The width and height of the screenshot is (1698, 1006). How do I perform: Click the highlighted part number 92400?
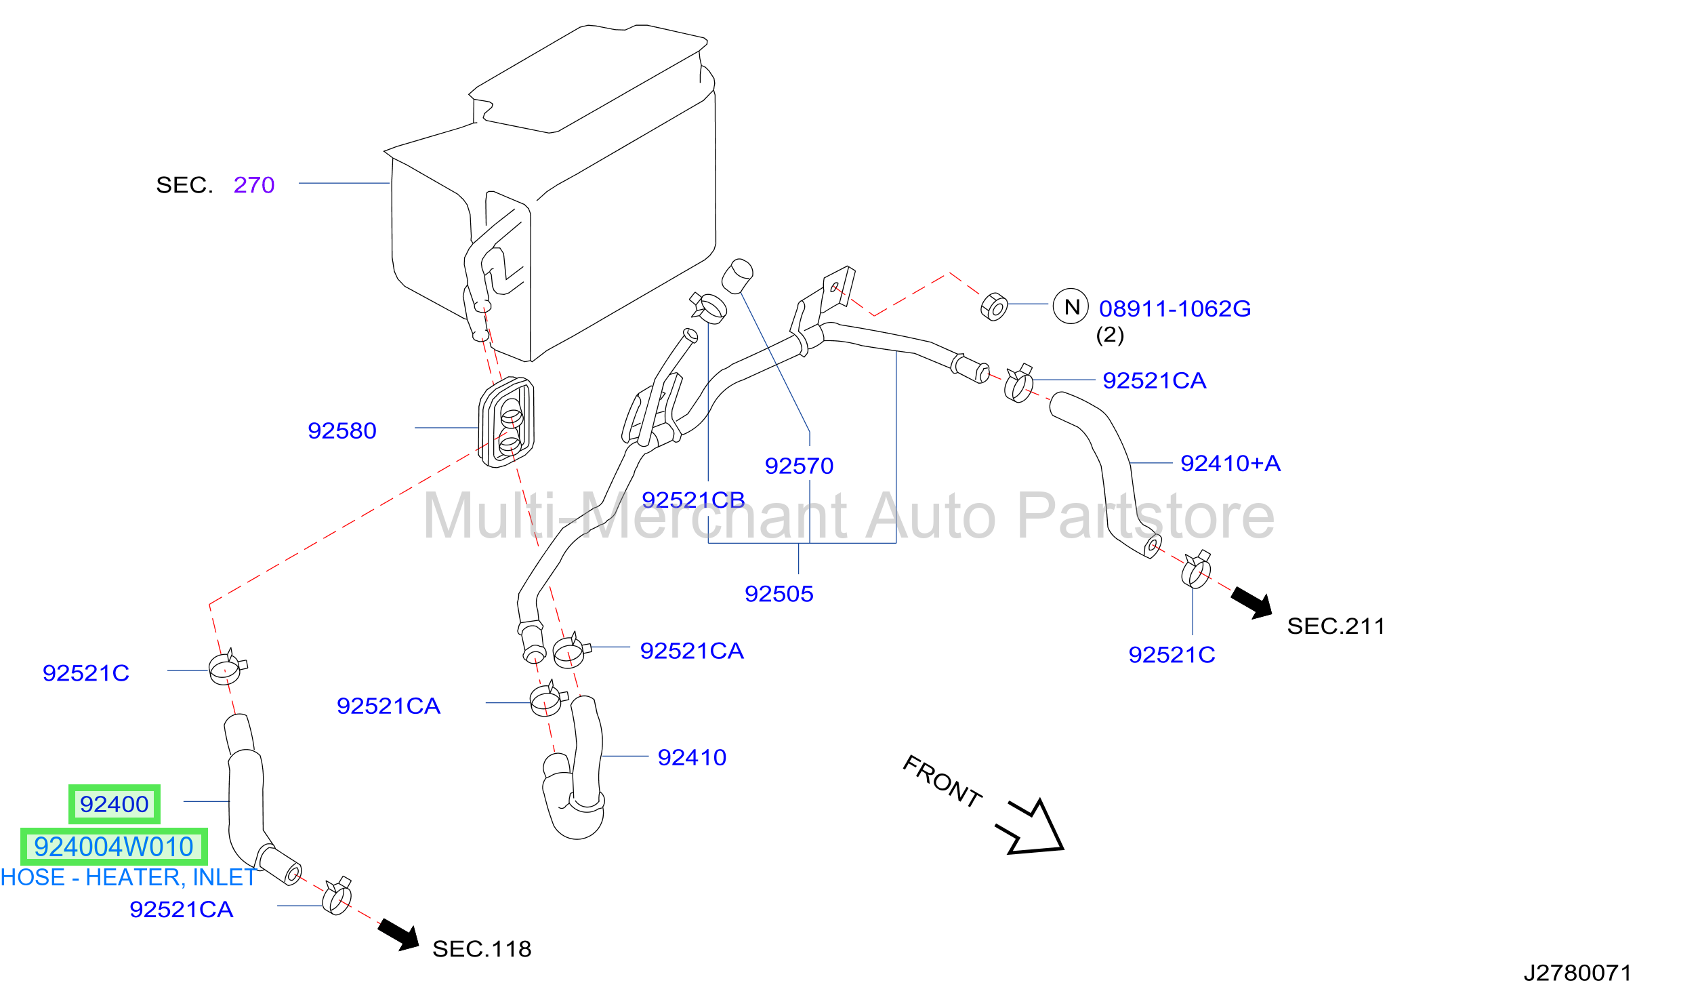pos(114,804)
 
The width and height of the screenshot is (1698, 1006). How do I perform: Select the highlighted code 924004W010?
pos(114,847)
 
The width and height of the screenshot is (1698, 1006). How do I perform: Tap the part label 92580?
pos(342,430)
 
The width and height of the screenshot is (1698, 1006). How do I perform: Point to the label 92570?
pos(799,466)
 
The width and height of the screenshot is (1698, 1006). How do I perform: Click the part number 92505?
pos(779,594)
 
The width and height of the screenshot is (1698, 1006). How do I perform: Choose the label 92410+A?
pos(1230,463)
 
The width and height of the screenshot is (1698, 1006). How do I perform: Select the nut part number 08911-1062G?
pos(1175,308)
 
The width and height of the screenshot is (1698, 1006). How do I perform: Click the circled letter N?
pos(1071,306)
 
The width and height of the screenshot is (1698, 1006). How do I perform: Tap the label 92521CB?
pos(693,500)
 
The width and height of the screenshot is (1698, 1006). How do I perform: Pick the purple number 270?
pos(254,184)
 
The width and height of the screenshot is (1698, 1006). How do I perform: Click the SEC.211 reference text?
pos(1336,626)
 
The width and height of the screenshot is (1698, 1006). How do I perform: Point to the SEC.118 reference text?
pos(482,949)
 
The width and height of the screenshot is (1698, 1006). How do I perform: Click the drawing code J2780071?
pos(1577,973)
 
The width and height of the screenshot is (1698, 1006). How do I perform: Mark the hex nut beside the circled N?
pos(994,307)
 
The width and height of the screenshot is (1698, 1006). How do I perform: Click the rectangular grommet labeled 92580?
pos(506,422)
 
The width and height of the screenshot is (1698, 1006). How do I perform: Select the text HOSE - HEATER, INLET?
pos(128,877)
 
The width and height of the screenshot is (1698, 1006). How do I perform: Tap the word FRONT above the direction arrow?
pos(943,782)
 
